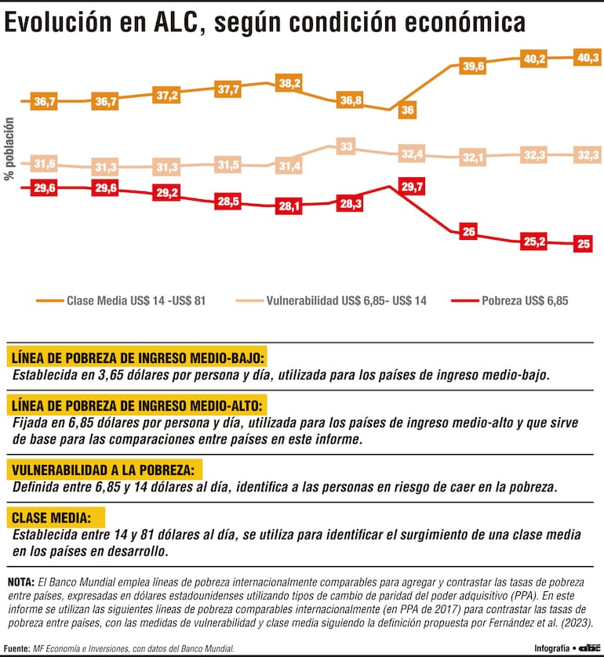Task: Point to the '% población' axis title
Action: [10, 149]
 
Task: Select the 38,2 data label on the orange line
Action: [289, 82]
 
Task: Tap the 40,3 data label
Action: [585, 57]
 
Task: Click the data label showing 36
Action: [407, 111]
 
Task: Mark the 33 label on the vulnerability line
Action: [346, 146]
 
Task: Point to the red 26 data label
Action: [469, 231]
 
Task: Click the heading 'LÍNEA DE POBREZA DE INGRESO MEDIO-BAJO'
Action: [137, 357]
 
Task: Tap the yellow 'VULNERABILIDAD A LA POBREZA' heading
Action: [104, 470]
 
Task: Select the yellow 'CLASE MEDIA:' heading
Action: [56, 517]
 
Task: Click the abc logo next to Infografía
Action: [588, 648]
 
